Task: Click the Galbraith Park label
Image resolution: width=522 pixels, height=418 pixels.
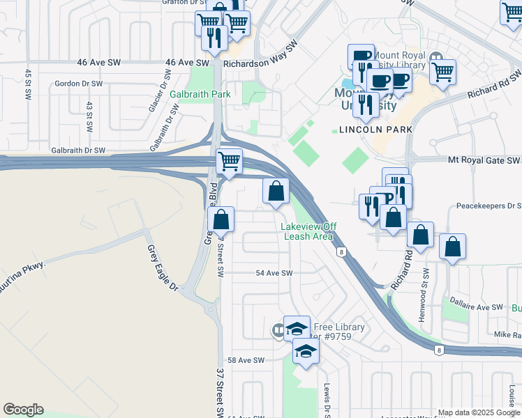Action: coord(200,94)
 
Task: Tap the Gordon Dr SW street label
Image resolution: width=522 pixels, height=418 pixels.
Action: coord(79,84)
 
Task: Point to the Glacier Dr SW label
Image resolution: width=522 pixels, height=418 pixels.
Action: coord(156,96)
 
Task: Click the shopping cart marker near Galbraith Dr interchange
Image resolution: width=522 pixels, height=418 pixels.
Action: coord(229,162)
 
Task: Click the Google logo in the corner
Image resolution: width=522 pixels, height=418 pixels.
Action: coord(23,410)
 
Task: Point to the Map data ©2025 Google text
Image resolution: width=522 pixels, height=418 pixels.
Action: coord(479,412)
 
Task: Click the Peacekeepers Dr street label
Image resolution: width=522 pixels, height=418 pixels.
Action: coord(489,206)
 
